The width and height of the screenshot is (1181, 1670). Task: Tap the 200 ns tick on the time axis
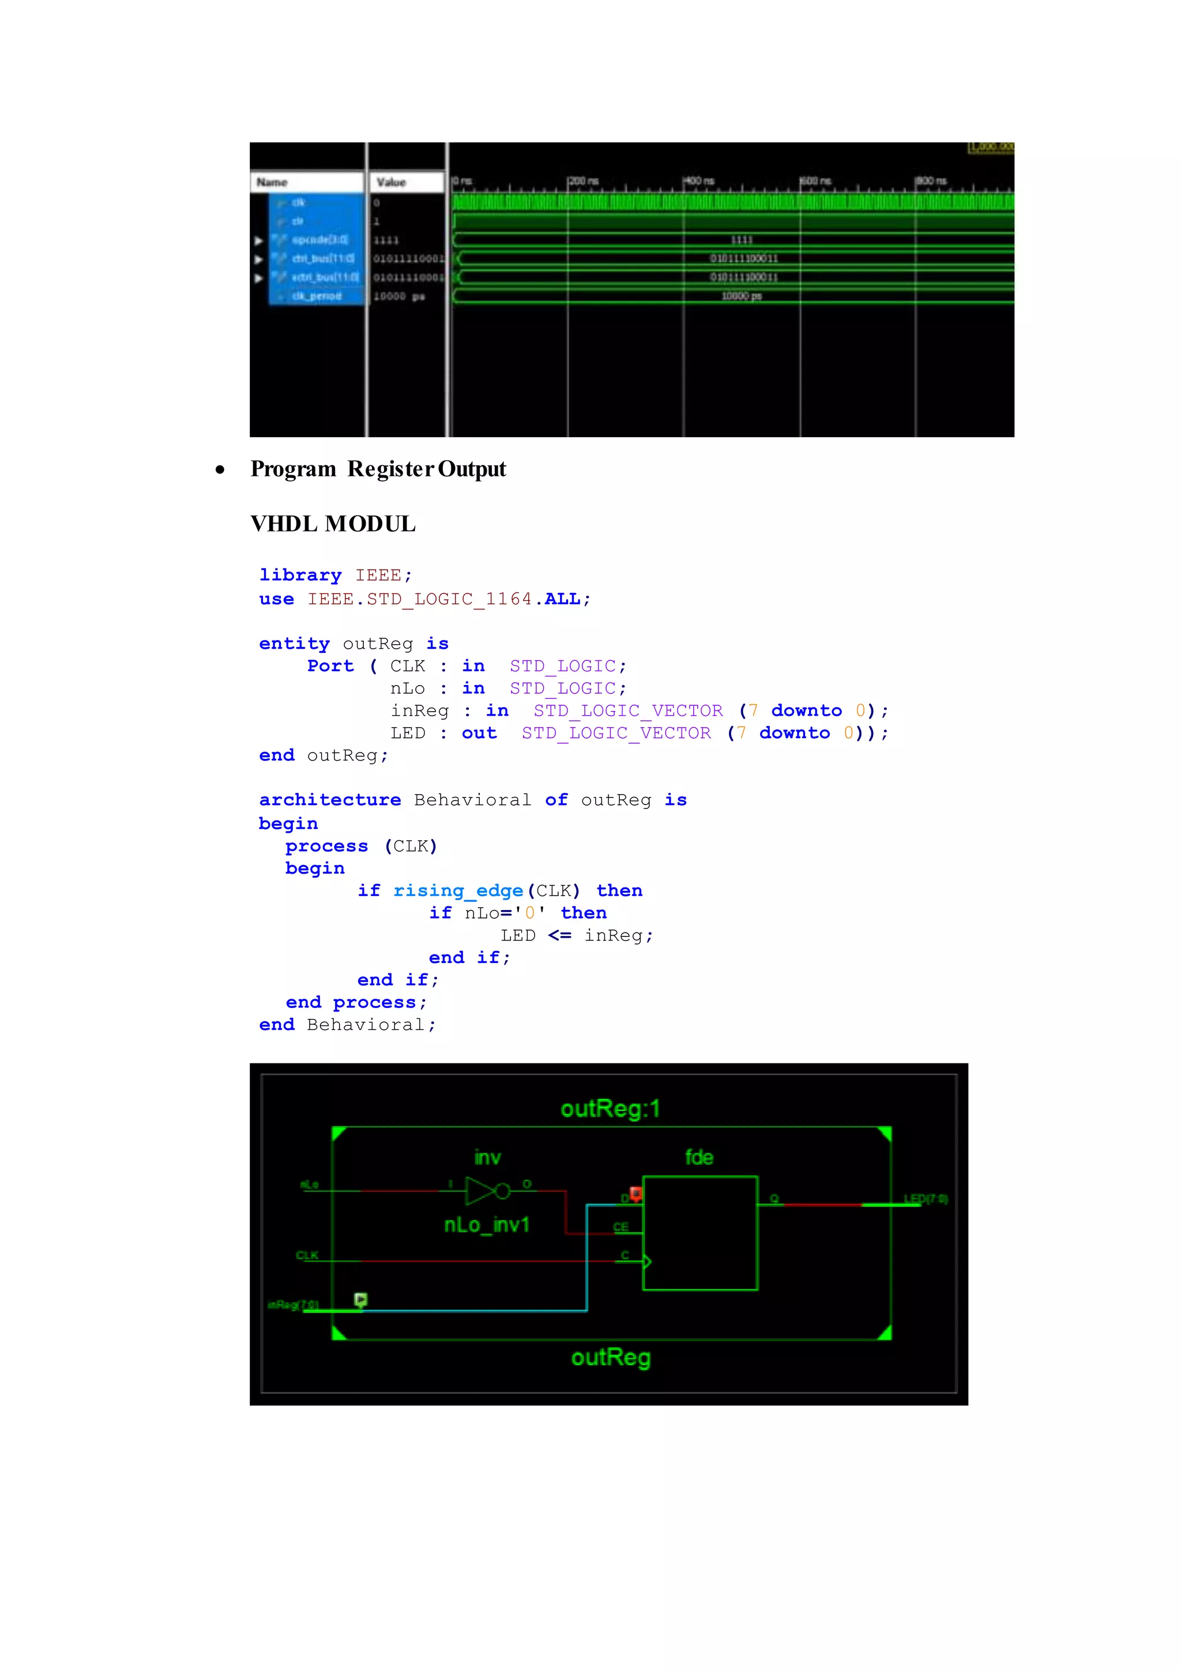click(582, 180)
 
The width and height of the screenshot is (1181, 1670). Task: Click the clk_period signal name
click(317, 296)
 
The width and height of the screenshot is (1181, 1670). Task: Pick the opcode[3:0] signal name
click(320, 240)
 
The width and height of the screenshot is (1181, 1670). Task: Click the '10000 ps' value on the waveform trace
click(741, 296)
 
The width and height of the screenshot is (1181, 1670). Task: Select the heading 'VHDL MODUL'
click(333, 524)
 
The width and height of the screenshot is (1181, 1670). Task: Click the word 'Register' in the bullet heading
click(390, 469)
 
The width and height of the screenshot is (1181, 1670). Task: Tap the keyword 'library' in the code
click(300, 576)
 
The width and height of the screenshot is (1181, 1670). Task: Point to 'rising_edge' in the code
click(458, 891)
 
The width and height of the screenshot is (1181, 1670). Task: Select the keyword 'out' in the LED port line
click(479, 733)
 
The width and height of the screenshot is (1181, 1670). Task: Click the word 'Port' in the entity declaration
click(330, 666)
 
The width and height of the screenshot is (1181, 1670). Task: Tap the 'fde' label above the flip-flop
click(699, 1157)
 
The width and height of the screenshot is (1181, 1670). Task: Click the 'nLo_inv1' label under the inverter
click(487, 1225)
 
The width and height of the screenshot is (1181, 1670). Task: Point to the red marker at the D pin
click(636, 1193)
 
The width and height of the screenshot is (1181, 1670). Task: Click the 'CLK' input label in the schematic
click(307, 1255)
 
